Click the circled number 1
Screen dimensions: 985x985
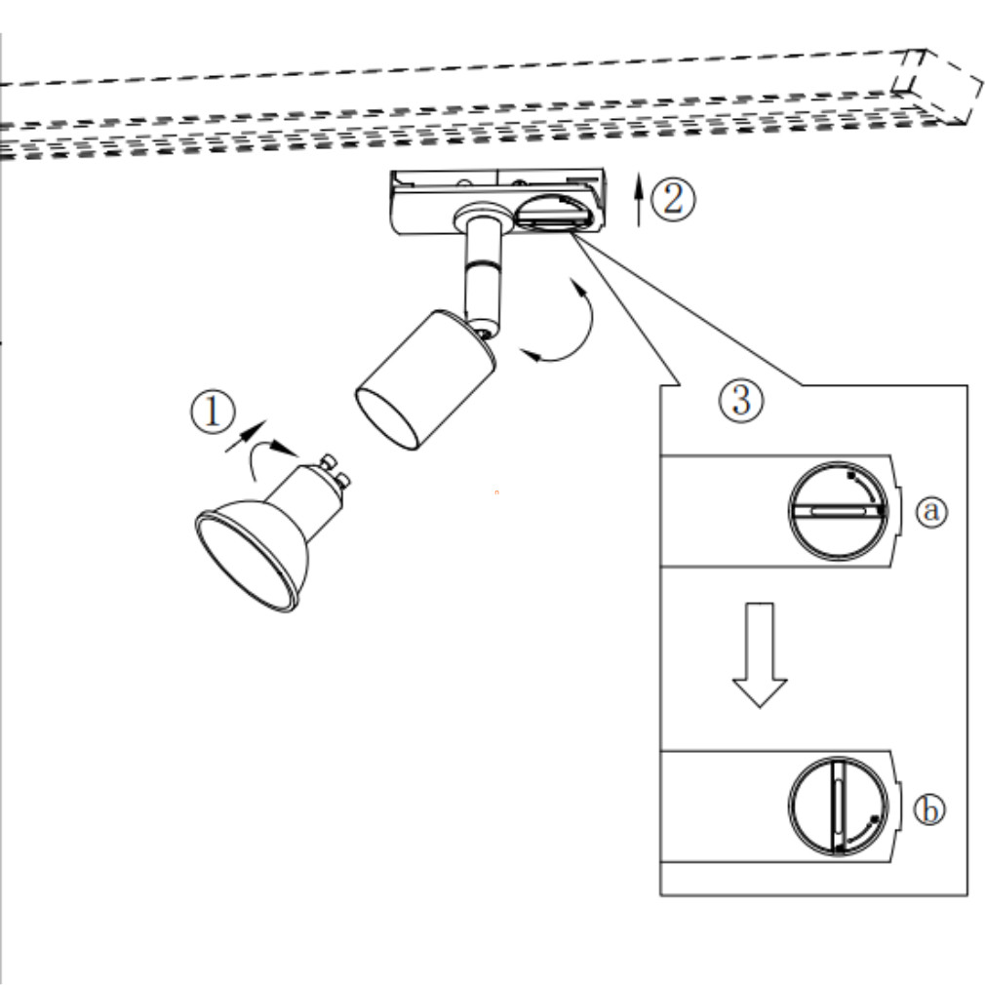click(x=212, y=413)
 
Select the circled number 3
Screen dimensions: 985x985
click(x=741, y=400)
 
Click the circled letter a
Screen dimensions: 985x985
click(x=932, y=511)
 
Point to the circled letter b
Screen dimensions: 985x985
click(x=931, y=810)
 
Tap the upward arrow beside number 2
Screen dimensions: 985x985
click(x=639, y=199)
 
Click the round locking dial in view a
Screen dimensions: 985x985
click(x=838, y=510)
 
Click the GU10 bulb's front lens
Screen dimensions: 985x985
click(x=245, y=561)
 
